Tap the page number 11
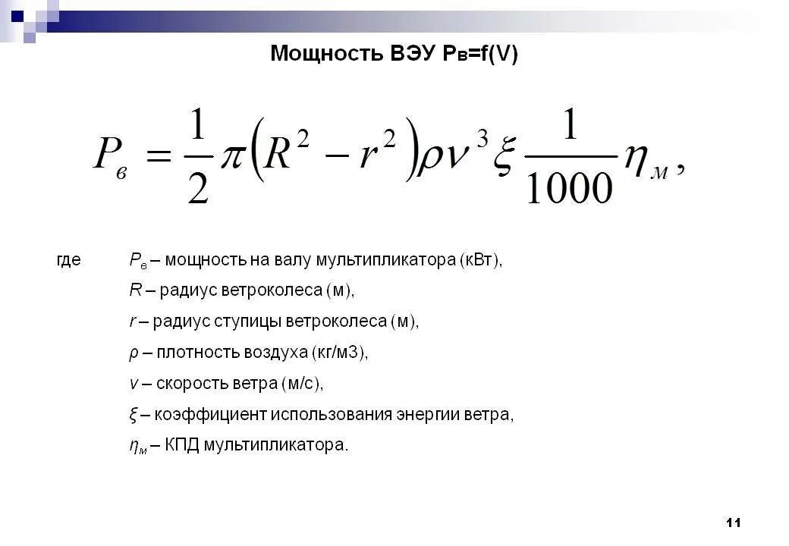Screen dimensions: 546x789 click(x=733, y=522)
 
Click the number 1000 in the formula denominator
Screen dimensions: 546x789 click(x=568, y=187)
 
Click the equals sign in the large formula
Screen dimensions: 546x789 click(x=156, y=158)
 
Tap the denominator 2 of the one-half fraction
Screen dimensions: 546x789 click(x=197, y=188)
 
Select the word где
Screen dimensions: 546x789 click(x=69, y=260)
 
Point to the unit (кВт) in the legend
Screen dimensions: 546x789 click(x=480, y=260)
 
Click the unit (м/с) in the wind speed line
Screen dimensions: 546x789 click(x=302, y=384)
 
